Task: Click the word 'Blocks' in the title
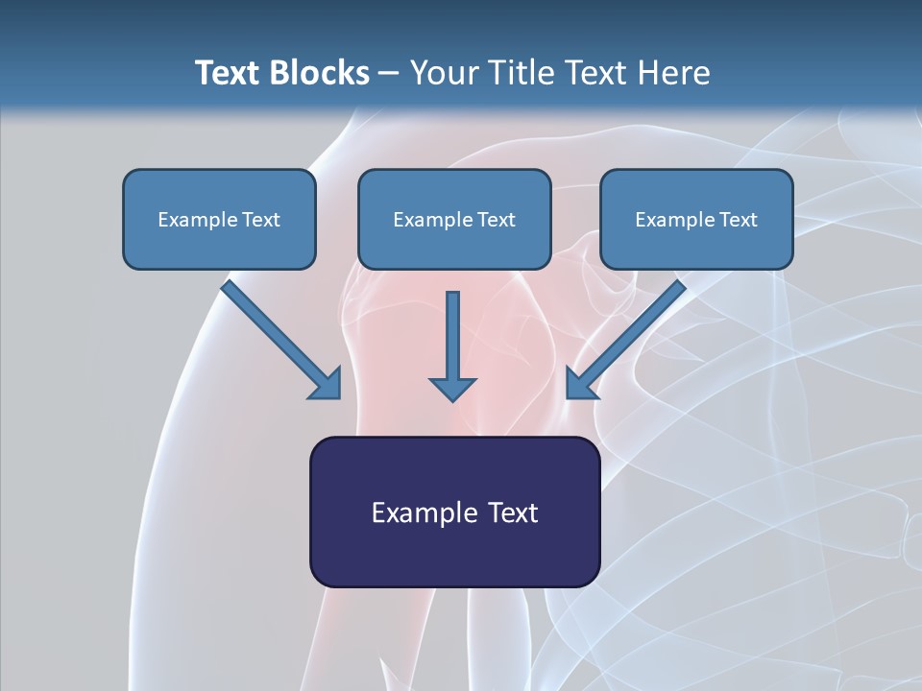(x=322, y=73)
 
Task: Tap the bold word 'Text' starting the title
(x=230, y=73)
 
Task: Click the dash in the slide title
(x=389, y=74)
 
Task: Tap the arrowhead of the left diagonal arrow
(x=327, y=384)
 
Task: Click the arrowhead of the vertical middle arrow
(x=452, y=389)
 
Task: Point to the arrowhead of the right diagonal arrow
(x=580, y=384)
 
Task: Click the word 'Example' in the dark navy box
(x=413, y=513)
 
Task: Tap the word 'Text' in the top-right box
(x=738, y=220)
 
